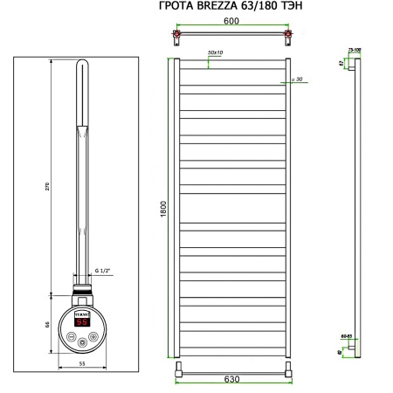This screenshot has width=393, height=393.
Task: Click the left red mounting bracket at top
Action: point(178,38)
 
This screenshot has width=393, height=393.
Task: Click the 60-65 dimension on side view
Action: point(347,335)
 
